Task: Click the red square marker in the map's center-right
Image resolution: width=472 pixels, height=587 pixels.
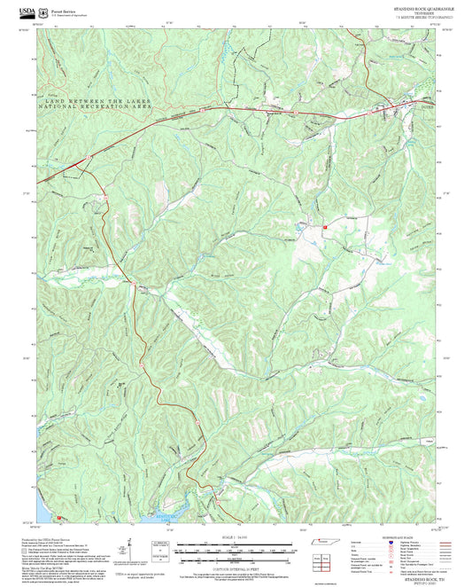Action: (x=325, y=228)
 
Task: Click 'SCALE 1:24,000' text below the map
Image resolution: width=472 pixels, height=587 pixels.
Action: (x=235, y=537)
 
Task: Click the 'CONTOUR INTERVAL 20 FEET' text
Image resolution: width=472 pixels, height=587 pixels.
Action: (x=235, y=564)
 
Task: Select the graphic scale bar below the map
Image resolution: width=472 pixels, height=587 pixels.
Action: (x=235, y=548)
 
